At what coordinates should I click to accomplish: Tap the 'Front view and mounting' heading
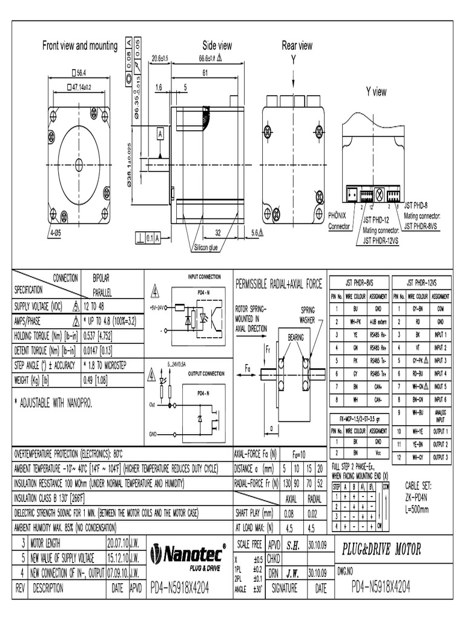[x=79, y=46]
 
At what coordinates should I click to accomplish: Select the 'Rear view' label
[x=297, y=45]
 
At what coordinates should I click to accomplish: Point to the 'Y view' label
[x=375, y=92]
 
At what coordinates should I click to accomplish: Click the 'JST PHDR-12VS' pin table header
[x=420, y=282]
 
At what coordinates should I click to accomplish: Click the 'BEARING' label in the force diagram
[x=295, y=335]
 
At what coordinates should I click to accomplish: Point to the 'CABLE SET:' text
[x=420, y=485]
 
